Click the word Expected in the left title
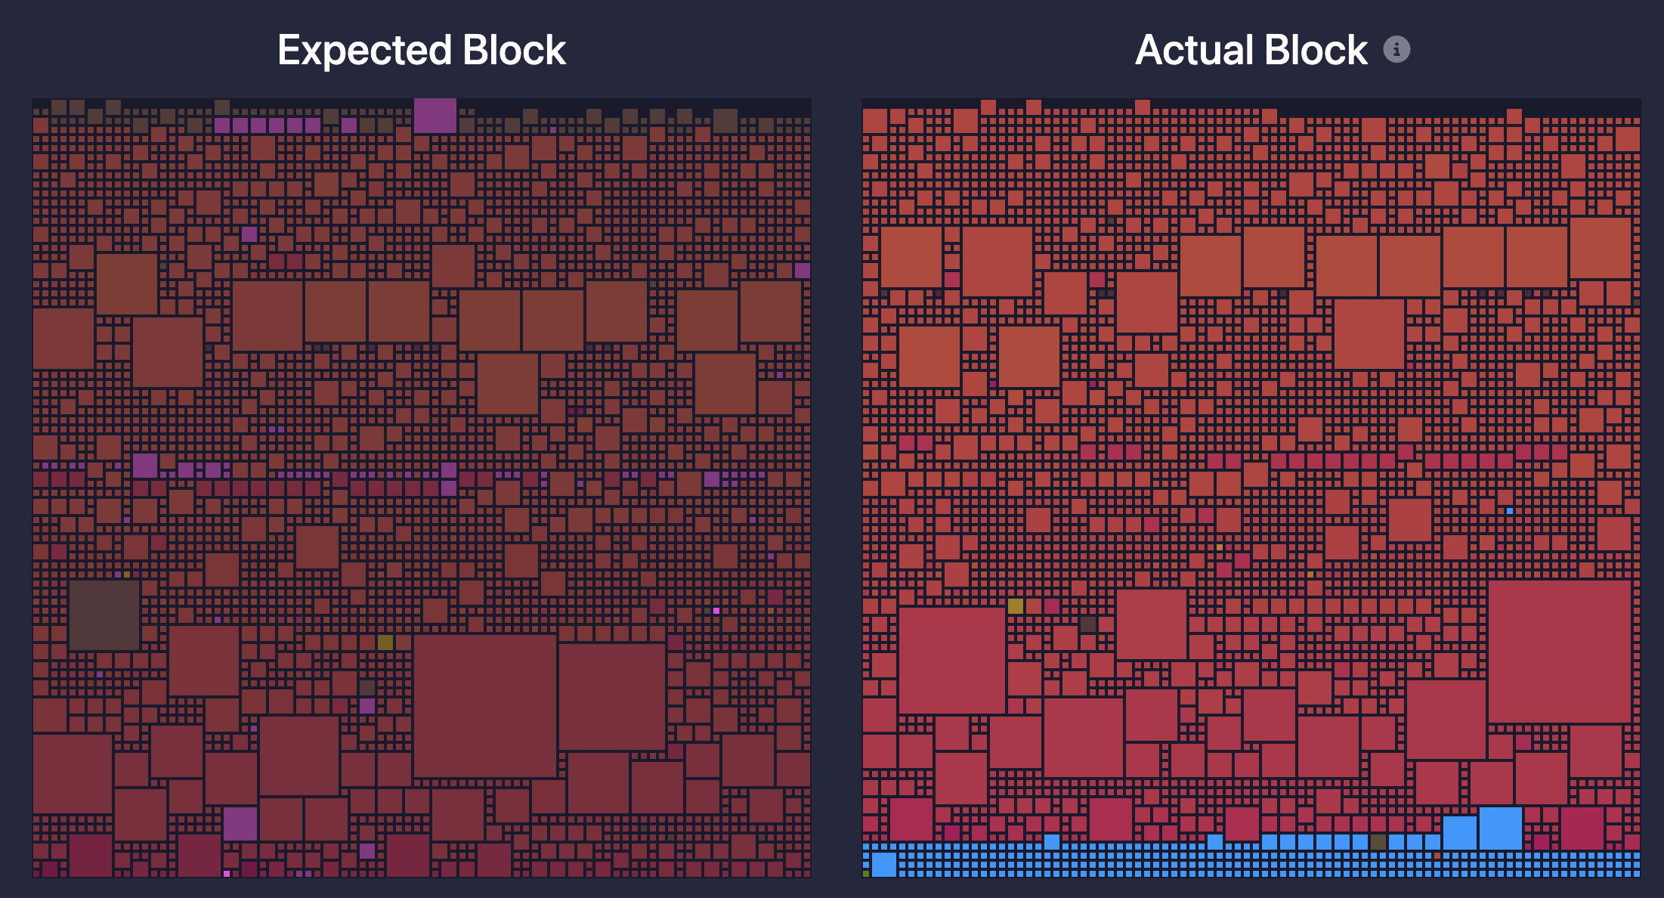pos(364,51)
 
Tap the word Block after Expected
pos(514,51)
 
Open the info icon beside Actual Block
pos(1396,50)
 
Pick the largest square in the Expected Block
pos(485,705)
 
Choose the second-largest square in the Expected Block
pos(612,696)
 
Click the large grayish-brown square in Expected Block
pos(104,615)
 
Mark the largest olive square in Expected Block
pos(385,643)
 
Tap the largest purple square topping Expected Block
pos(435,116)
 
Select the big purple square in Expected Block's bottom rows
pos(240,824)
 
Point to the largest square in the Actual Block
pos(1560,651)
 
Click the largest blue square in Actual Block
pos(1501,828)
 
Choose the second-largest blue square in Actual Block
pos(1460,832)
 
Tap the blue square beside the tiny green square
pos(884,864)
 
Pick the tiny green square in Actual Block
pos(866,874)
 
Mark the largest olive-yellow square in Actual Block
pos(1016,606)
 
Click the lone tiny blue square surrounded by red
pos(1510,511)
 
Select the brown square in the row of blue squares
pos(1378,842)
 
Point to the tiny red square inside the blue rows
pos(1437,856)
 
